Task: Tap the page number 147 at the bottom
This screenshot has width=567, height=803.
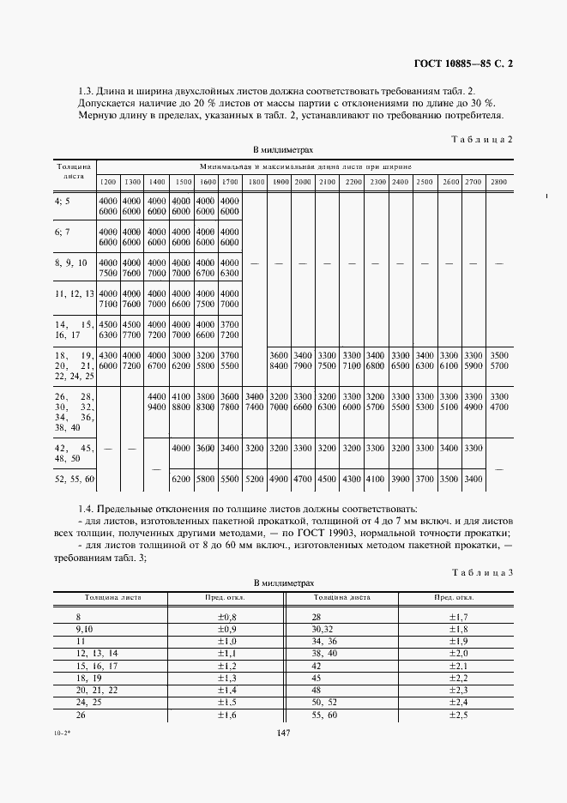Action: coord(285,732)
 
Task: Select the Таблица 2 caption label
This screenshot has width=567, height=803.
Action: coord(481,138)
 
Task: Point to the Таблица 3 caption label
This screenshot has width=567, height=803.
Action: coord(482,572)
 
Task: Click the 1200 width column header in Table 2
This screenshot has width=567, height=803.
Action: coord(108,183)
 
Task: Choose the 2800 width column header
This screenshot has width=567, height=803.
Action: coord(498,183)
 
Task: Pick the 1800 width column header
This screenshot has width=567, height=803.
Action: coord(255,183)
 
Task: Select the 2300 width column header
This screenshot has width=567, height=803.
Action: coord(377,183)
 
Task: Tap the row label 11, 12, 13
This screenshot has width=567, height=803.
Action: coord(74,293)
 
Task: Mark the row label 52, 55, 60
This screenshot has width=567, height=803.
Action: coord(75,477)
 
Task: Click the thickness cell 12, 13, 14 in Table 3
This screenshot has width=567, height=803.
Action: coord(97,653)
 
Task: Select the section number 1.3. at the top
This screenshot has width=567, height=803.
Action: coord(89,91)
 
